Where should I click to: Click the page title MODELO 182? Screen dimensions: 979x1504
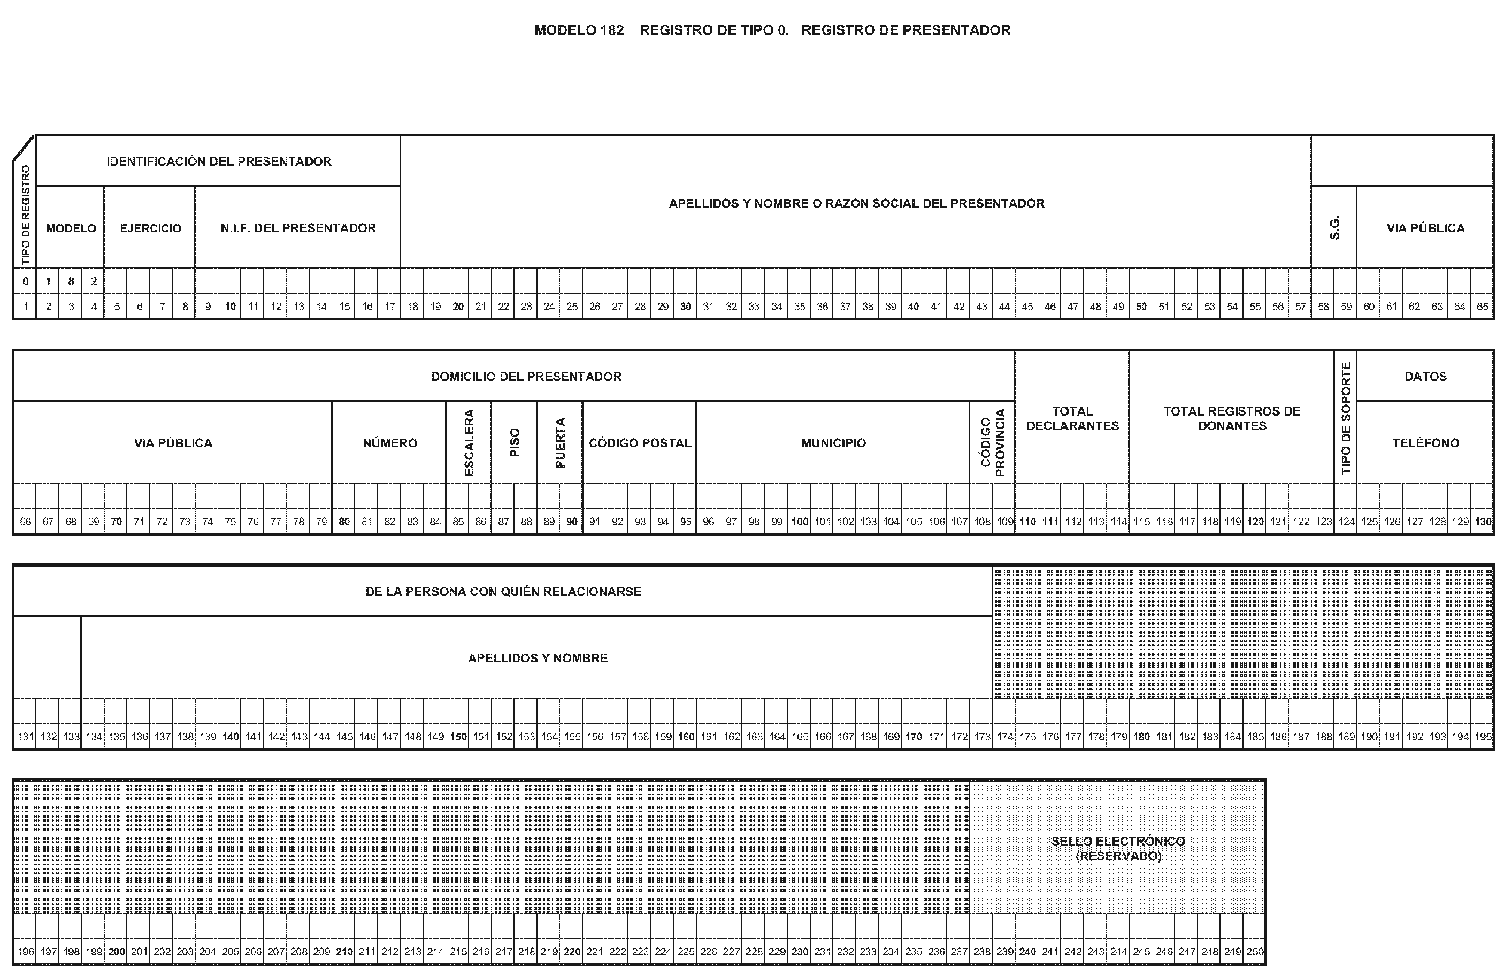579,30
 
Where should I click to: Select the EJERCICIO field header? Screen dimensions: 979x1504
150,228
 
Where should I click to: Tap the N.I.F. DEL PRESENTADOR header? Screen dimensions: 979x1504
297,228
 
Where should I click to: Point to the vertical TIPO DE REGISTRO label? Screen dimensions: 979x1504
25,215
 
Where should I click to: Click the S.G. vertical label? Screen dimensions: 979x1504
1334,227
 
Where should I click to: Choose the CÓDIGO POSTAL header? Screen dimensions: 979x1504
640,443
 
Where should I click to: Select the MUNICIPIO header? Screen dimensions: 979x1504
833,443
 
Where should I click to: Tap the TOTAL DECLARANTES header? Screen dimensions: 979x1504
1072,418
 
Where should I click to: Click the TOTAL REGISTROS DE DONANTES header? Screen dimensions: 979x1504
1232,418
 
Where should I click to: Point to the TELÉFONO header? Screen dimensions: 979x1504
1425,443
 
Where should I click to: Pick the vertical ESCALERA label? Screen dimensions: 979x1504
469,442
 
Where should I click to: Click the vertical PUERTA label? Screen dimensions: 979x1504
560,442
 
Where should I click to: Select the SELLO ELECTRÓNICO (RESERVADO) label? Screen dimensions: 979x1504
1118,848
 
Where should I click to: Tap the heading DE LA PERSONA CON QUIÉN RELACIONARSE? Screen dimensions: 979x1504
503,592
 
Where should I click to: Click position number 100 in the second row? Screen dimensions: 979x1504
800,522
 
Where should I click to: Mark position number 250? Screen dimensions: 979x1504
1254,952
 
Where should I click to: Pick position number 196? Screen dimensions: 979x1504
25,952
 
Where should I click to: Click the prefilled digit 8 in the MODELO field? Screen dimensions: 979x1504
71,281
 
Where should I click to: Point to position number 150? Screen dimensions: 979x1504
458,737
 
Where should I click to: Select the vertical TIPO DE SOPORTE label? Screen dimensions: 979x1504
1345,417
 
